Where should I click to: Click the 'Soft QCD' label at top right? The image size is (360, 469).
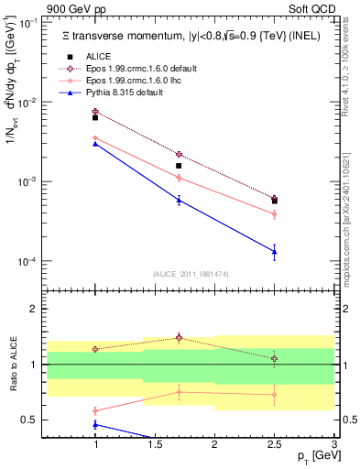coord(312,9)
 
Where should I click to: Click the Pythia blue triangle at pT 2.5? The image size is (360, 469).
coord(275,251)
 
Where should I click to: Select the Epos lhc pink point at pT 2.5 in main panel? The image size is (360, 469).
coord(275,213)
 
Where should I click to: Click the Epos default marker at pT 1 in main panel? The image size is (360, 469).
coord(95,112)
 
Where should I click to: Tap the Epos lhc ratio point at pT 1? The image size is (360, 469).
coord(95,410)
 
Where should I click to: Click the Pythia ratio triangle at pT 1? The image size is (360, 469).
coord(95,424)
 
